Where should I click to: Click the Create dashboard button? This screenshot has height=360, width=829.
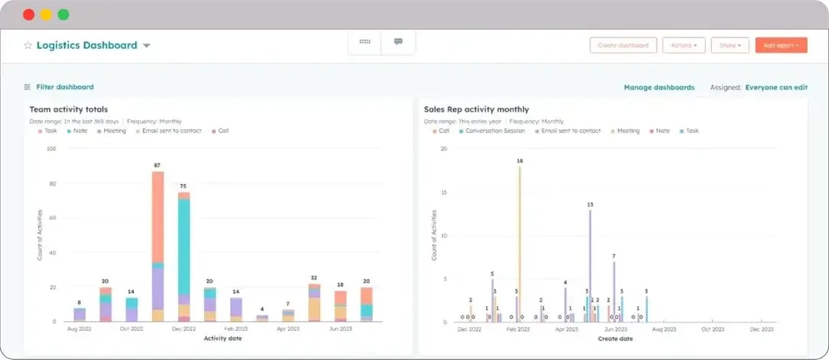(623, 45)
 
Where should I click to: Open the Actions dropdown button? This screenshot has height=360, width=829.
(683, 45)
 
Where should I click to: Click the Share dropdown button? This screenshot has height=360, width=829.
(730, 45)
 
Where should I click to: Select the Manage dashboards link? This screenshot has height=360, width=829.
(659, 88)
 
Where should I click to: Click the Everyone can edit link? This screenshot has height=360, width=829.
(776, 88)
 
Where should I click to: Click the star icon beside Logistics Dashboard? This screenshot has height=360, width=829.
(28, 46)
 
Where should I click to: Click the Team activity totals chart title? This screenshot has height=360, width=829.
(69, 109)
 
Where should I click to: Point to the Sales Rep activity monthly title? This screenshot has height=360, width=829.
(476, 109)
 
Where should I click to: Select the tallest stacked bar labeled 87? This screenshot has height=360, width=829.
(157, 245)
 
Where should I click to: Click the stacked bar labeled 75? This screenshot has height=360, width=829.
(183, 256)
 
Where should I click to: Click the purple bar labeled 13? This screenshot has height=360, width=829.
(590, 264)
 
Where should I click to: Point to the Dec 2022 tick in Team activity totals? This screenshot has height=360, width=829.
(183, 329)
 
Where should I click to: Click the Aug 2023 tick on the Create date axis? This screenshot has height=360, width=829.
(664, 329)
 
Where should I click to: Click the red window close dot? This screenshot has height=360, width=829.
(28, 15)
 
